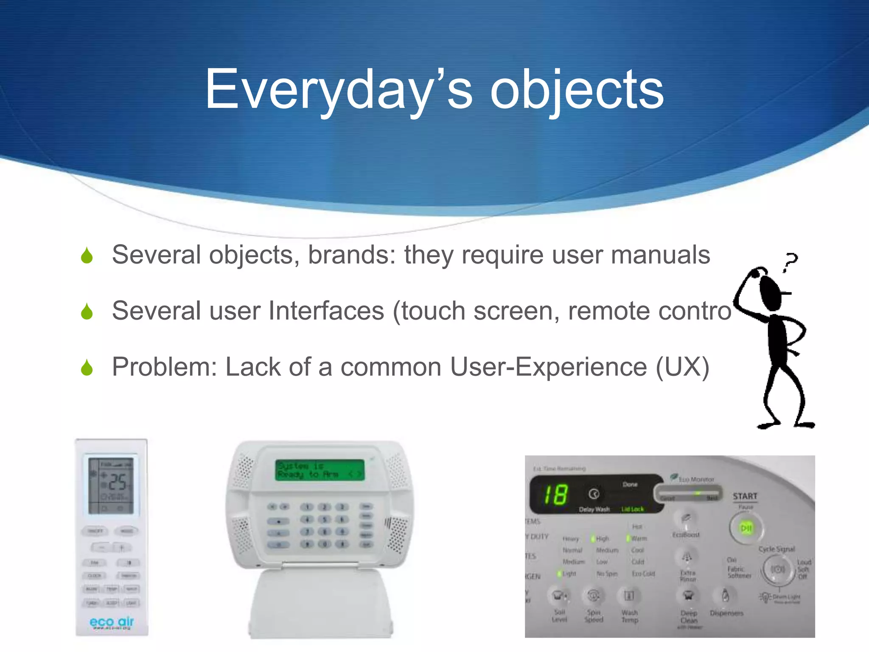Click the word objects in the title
tap(577, 90)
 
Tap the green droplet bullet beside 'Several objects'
tap(87, 256)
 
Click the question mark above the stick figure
tap(790, 261)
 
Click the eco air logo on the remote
tap(112, 622)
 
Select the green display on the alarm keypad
tap(320, 470)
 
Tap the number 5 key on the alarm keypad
tap(325, 519)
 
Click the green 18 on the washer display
tap(555, 495)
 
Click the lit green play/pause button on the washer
tap(746, 528)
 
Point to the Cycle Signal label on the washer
tap(776, 549)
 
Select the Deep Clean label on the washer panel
tap(689, 617)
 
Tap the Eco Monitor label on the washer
tap(696, 479)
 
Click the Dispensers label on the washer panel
tap(726, 613)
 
